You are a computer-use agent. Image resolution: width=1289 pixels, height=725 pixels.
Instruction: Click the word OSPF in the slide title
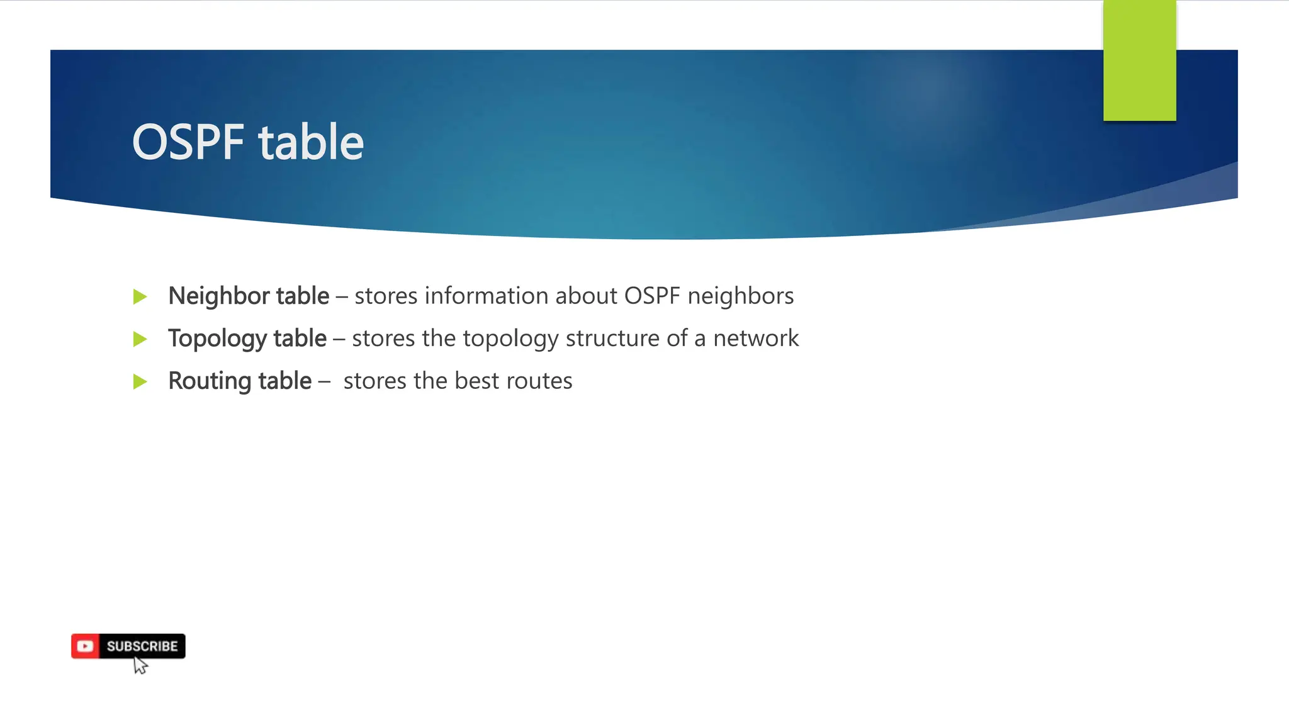tap(188, 142)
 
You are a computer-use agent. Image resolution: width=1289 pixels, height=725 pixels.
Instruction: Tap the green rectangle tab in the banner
tap(1139, 60)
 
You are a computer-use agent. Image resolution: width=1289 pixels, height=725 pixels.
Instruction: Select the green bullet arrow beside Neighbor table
tap(140, 296)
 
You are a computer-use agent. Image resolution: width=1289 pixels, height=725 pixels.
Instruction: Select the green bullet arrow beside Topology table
tap(140, 339)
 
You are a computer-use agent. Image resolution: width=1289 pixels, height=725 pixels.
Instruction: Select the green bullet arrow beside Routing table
tap(140, 381)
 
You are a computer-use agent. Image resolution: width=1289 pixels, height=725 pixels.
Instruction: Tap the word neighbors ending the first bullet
tap(740, 296)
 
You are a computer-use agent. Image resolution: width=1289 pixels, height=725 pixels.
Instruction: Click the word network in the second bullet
tap(755, 339)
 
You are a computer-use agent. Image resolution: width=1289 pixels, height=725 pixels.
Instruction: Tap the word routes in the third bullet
tap(539, 381)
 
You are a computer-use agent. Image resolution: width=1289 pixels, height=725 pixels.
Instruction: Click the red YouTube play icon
tap(85, 646)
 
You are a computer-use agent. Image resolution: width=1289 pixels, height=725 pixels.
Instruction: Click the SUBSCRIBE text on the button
tap(142, 646)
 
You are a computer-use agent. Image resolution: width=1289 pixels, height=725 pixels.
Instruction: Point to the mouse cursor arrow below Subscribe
tap(140, 665)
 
